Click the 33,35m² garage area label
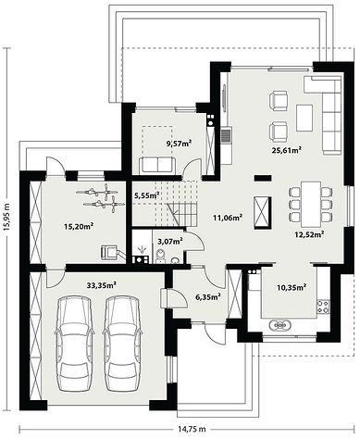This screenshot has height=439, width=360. click(102, 285)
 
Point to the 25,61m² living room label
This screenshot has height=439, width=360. click(287, 150)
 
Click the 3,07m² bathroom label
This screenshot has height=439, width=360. click(170, 241)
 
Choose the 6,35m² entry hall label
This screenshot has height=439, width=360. click(208, 296)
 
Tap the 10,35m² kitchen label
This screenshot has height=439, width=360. click(292, 287)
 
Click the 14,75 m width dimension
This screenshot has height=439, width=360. click(192, 429)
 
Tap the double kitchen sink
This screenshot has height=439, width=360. click(280, 325)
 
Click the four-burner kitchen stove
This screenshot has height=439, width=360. click(323, 306)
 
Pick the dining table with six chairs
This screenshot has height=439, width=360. click(311, 204)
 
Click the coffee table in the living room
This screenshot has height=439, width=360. click(304, 118)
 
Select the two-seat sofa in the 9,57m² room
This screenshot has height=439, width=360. click(157, 165)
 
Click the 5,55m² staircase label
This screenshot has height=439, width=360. click(147, 195)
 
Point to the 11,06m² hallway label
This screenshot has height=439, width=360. click(228, 218)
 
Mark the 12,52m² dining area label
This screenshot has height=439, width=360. click(308, 234)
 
